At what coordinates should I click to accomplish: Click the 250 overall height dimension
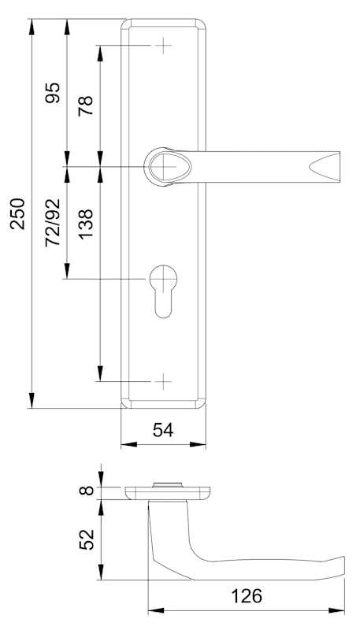[17, 213]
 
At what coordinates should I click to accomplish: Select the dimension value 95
[53, 93]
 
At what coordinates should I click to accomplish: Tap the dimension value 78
[86, 106]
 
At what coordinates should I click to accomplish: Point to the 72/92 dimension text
[53, 222]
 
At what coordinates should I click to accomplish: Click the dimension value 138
[86, 224]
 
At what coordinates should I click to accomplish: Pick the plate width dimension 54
[163, 430]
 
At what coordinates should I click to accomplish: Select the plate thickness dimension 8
[87, 490]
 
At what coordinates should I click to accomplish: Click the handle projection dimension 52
[87, 539]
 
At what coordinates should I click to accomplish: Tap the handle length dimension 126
[247, 596]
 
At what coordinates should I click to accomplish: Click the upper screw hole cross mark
[164, 46]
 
